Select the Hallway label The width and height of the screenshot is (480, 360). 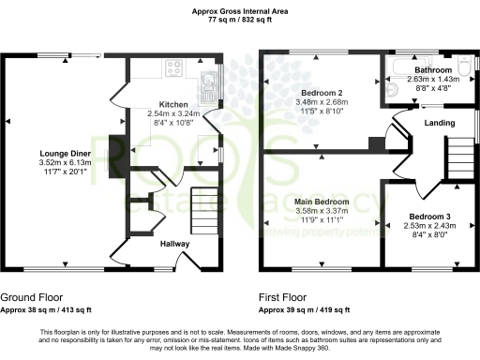click(x=175, y=244)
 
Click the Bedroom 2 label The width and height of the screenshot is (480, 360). click(x=320, y=93)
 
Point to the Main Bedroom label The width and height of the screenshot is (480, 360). click(x=322, y=202)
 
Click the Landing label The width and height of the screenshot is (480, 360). click(x=441, y=122)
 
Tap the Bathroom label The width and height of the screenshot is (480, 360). click(x=434, y=70)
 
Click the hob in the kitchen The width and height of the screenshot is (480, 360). click(x=173, y=67)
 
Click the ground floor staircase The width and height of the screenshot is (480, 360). click(x=204, y=206)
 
